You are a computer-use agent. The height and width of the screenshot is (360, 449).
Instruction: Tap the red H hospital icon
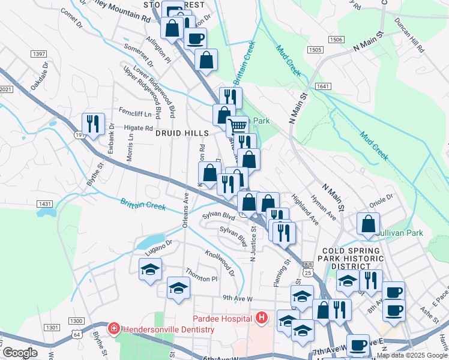click(262, 317)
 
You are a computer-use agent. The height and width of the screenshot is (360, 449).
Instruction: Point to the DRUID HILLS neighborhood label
click(182, 133)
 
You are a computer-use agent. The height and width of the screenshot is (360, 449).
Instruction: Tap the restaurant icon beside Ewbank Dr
click(93, 124)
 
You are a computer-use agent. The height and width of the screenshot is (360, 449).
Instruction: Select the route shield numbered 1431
click(44, 204)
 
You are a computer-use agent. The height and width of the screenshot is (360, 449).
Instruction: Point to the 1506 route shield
click(336, 40)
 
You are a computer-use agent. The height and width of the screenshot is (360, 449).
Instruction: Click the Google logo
click(19, 353)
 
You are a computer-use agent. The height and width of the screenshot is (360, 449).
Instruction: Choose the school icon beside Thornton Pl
click(178, 287)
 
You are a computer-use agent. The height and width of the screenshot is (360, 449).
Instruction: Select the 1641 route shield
click(323, 86)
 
